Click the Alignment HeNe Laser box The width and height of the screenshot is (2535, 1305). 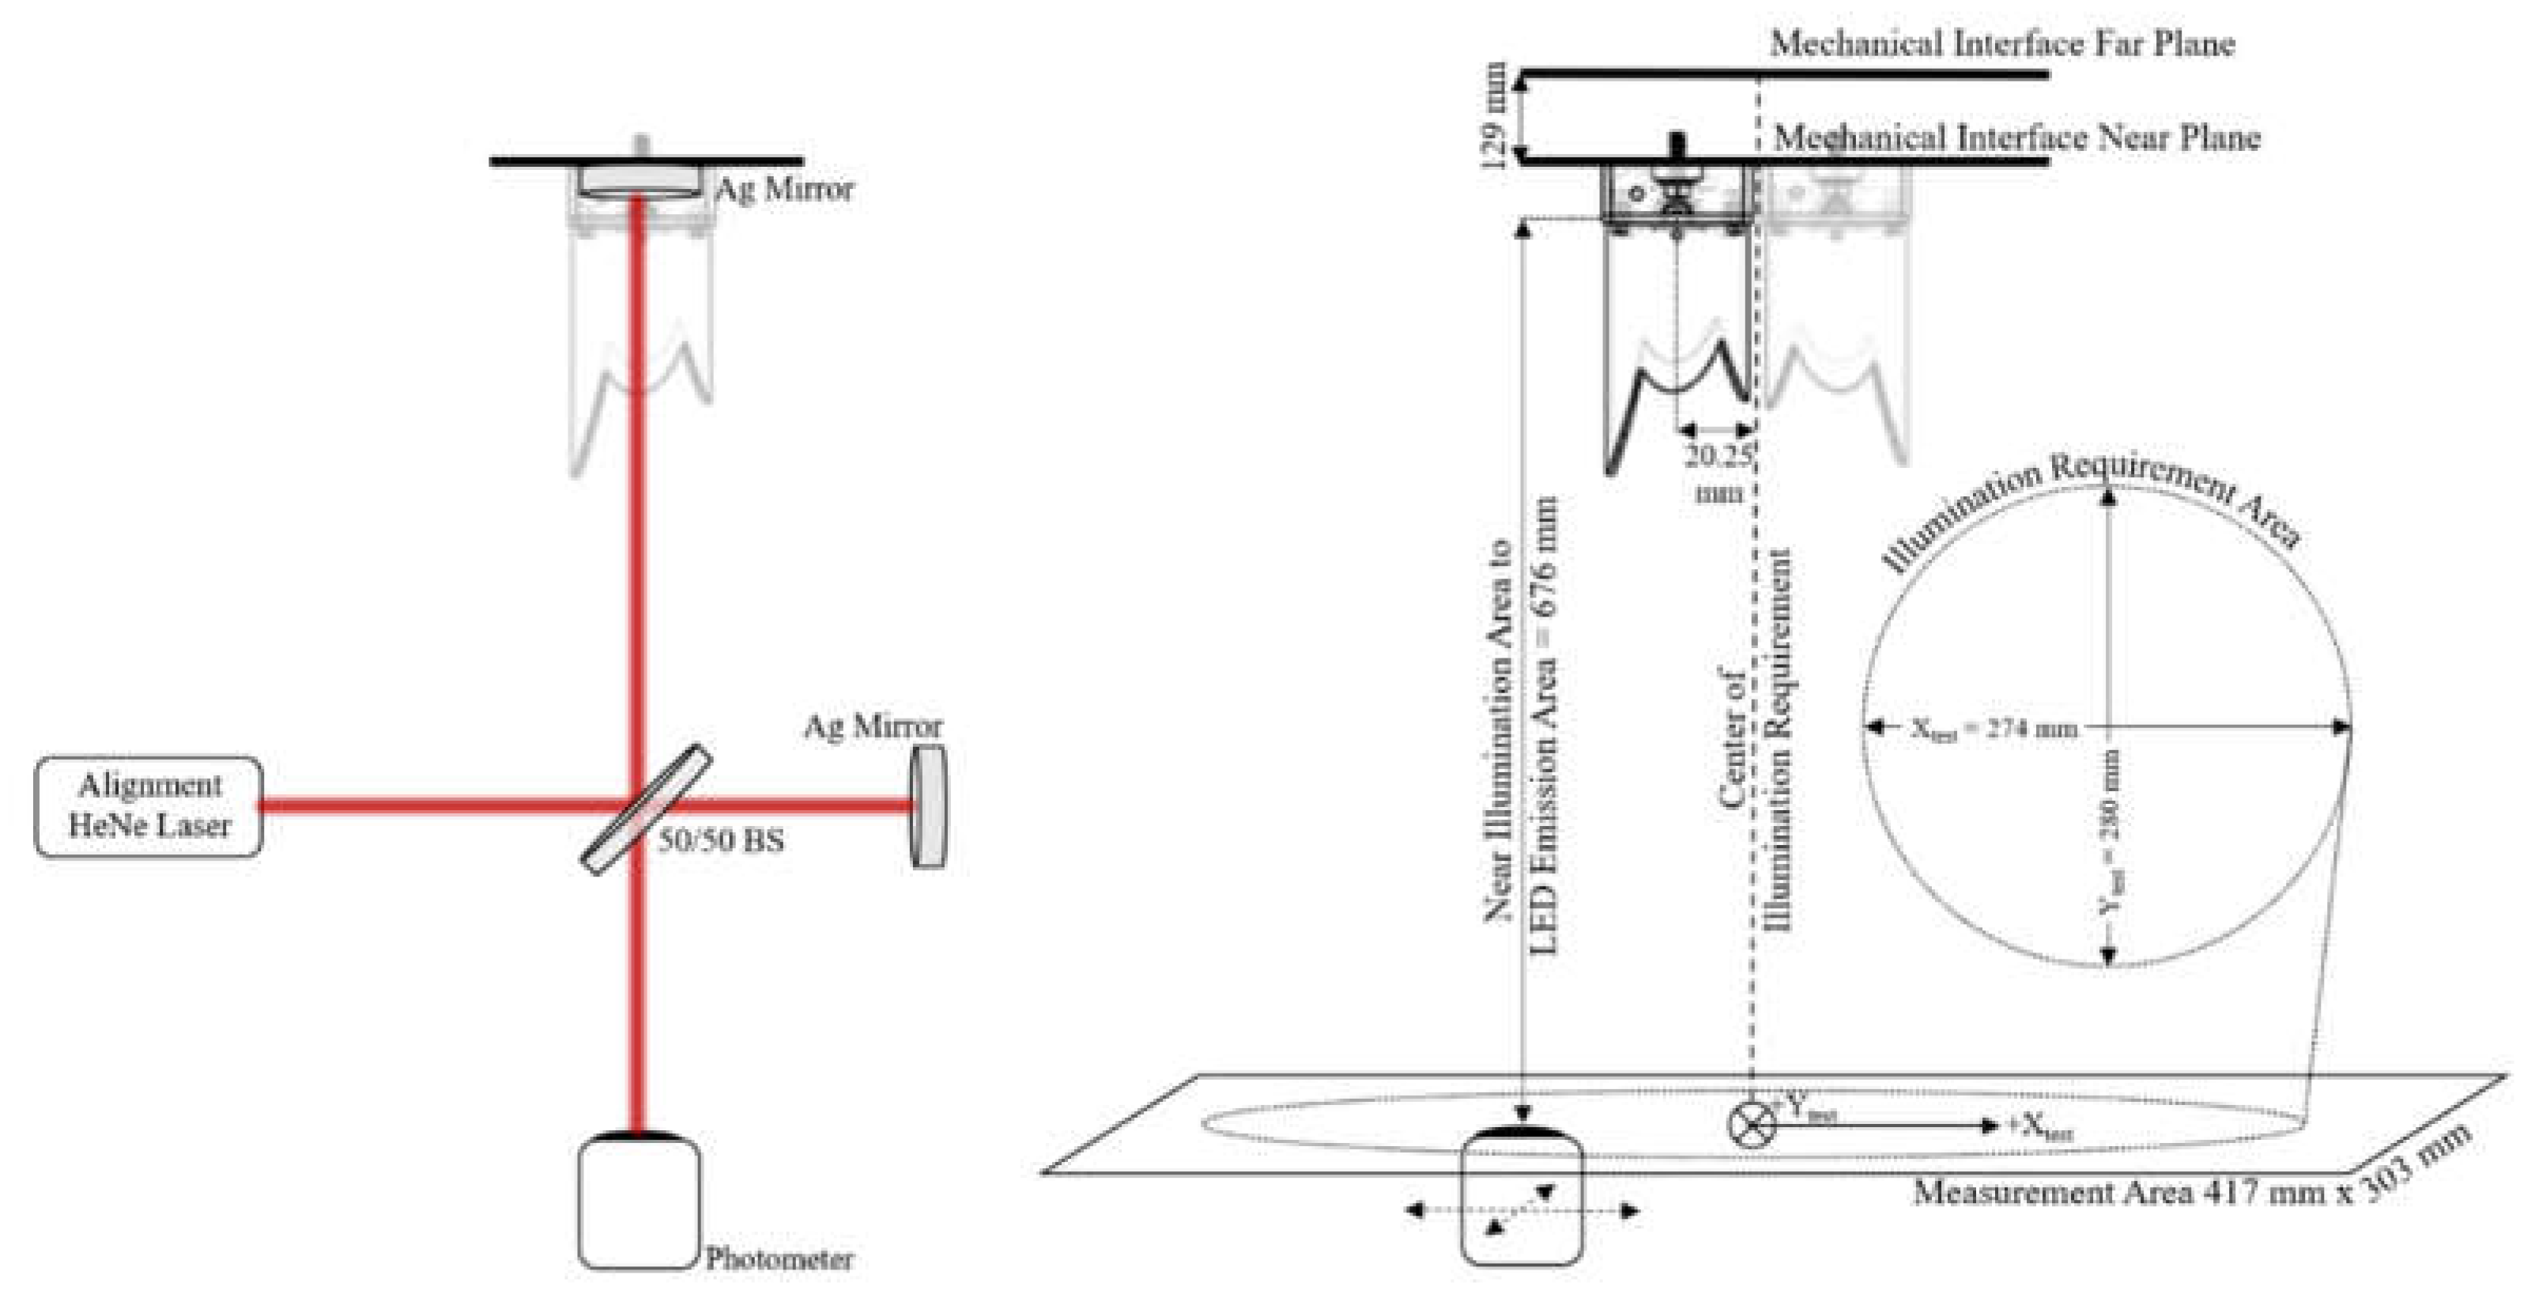pos(149,806)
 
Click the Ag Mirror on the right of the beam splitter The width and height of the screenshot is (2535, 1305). pos(928,806)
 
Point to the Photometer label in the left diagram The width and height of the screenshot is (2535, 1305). pos(779,1258)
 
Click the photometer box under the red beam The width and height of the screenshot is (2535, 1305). pos(639,1203)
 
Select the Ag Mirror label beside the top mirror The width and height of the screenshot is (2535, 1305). pos(784,189)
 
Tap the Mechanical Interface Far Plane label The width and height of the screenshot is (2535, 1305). pos(2001,44)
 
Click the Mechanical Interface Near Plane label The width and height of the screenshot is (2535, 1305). pos(2016,138)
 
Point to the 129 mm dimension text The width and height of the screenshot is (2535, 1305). pos(1494,115)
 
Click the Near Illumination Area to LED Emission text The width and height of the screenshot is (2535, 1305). pos(1520,728)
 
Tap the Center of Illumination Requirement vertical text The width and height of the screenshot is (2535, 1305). pos(1756,738)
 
